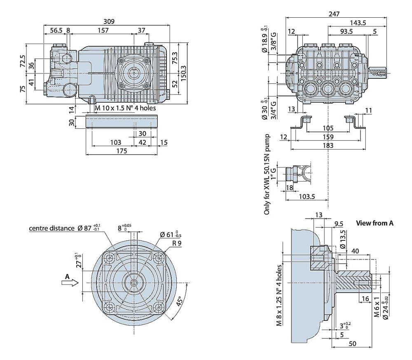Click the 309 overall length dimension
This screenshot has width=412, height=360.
(x=109, y=21)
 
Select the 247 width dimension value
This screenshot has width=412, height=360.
(x=334, y=14)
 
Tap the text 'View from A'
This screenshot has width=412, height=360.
(x=375, y=223)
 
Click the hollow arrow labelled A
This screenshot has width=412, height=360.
(x=70, y=283)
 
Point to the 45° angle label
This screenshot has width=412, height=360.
(x=180, y=301)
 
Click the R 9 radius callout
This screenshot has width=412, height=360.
(x=177, y=243)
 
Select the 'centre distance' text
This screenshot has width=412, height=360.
(x=51, y=228)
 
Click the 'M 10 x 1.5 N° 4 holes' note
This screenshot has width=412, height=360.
(x=125, y=108)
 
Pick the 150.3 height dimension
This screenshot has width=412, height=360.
(x=183, y=73)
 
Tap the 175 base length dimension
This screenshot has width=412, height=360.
(x=122, y=151)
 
